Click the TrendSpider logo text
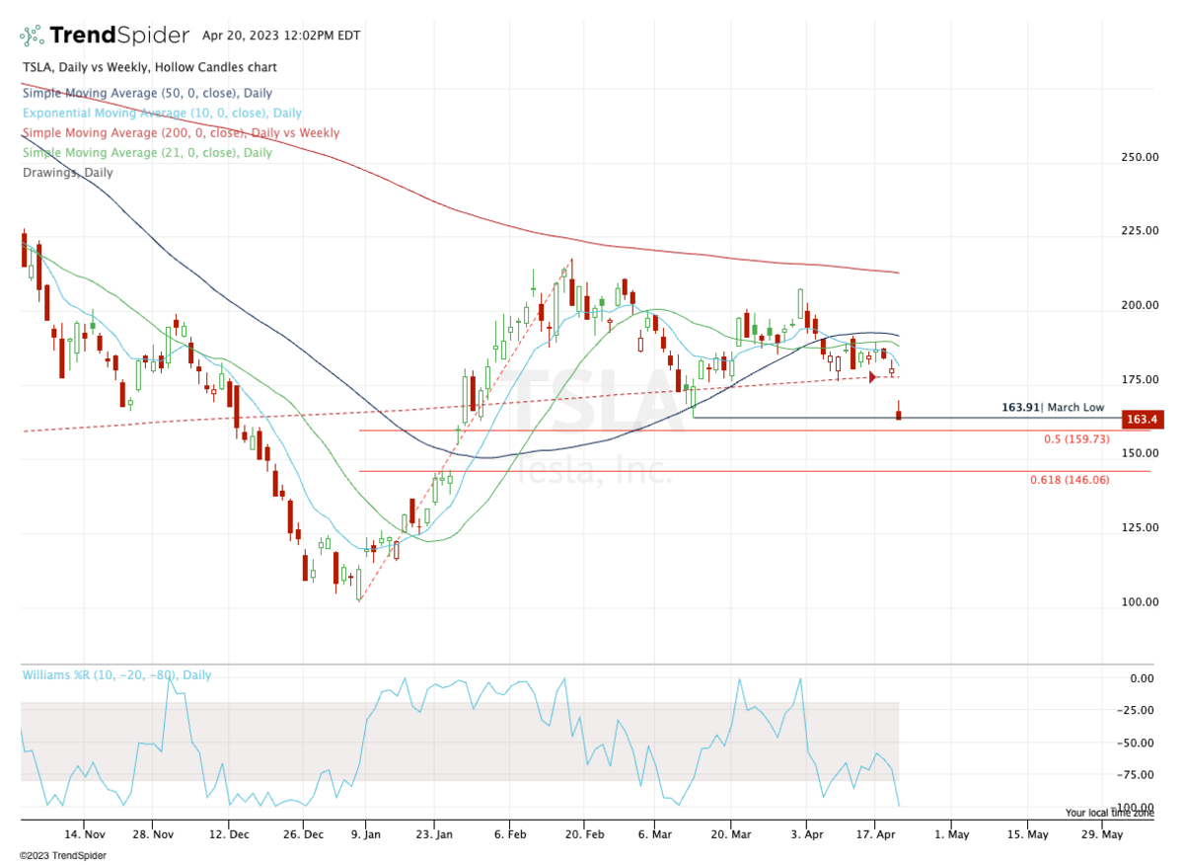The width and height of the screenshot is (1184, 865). [x=118, y=36]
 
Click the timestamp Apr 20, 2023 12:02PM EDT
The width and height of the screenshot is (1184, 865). [x=281, y=36]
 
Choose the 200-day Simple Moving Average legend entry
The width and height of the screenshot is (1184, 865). [x=180, y=132]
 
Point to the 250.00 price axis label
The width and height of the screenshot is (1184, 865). [x=1139, y=157]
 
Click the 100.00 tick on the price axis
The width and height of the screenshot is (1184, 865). [x=1139, y=601]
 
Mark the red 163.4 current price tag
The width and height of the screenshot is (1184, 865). [x=1141, y=420]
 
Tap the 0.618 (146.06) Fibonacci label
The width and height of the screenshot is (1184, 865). [x=1072, y=479]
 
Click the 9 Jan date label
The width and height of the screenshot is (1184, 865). [x=366, y=833]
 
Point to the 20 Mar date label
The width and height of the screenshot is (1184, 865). [x=730, y=833]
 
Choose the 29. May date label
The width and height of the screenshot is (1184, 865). [x=1101, y=833]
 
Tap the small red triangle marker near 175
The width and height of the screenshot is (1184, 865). [x=872, y=377]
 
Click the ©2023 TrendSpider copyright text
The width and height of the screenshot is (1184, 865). [x=63, y=855]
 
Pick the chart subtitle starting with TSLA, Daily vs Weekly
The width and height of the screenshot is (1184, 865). [x=149, y=67]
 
